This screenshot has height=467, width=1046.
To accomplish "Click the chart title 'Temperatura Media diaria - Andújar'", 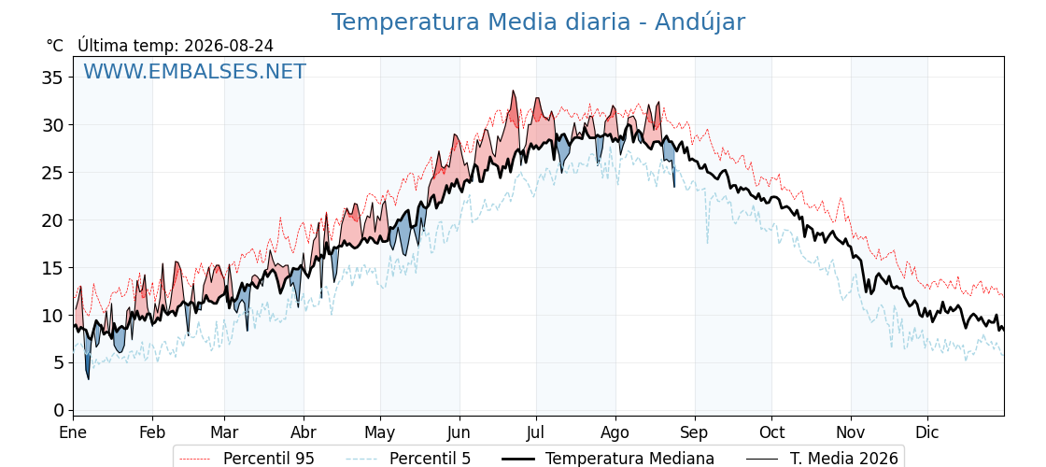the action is click(538, 22).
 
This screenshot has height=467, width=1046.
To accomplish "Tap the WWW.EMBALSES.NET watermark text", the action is click(195, 71).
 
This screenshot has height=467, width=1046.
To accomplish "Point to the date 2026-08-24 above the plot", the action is click(229, 46).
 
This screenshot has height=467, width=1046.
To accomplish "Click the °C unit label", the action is click(55, 46).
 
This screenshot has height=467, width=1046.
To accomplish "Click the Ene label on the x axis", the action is click(73, 433).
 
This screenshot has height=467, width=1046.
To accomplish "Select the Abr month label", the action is click(304, 433).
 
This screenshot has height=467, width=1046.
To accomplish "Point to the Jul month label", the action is click(536, 433).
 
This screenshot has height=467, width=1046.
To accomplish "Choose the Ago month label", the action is click(615, 433).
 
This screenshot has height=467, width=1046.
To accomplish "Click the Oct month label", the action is click(771, 433).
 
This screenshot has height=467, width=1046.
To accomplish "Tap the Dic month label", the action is click(927, 433).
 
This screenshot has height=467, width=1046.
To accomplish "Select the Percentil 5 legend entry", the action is click(409, 459).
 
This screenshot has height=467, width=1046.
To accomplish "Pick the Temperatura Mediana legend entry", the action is click(607, 459).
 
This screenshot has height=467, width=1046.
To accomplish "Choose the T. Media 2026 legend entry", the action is click(823, 459).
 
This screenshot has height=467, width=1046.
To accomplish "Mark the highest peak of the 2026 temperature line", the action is click(513, 91).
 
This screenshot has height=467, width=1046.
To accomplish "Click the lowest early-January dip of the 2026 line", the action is click(88, 379).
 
